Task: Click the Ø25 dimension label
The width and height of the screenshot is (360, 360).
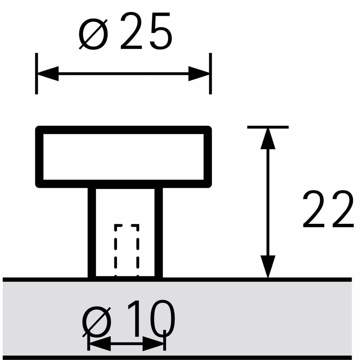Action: coord(125,31)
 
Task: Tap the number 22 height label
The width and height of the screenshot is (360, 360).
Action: coord(328,209)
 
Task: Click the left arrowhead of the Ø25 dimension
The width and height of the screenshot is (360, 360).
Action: coord(48,73)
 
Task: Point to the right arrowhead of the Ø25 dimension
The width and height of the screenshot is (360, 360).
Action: coord(199,73)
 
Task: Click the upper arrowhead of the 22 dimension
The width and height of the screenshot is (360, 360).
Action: coord(268,139)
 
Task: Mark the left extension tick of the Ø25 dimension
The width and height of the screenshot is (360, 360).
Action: coord(37,73)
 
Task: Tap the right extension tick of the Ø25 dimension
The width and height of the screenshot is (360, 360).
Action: coord(210,73)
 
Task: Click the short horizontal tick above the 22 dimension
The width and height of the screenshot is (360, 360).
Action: coord(268,127)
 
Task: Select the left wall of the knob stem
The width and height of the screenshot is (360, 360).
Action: coord(92,232)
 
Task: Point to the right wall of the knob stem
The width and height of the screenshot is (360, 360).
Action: coord(159,232)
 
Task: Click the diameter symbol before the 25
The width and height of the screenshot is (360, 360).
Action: coord(93,34)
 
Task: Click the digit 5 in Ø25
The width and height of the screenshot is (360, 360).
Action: coord(161,31)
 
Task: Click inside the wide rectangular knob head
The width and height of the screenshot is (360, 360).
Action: coord(124,157)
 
